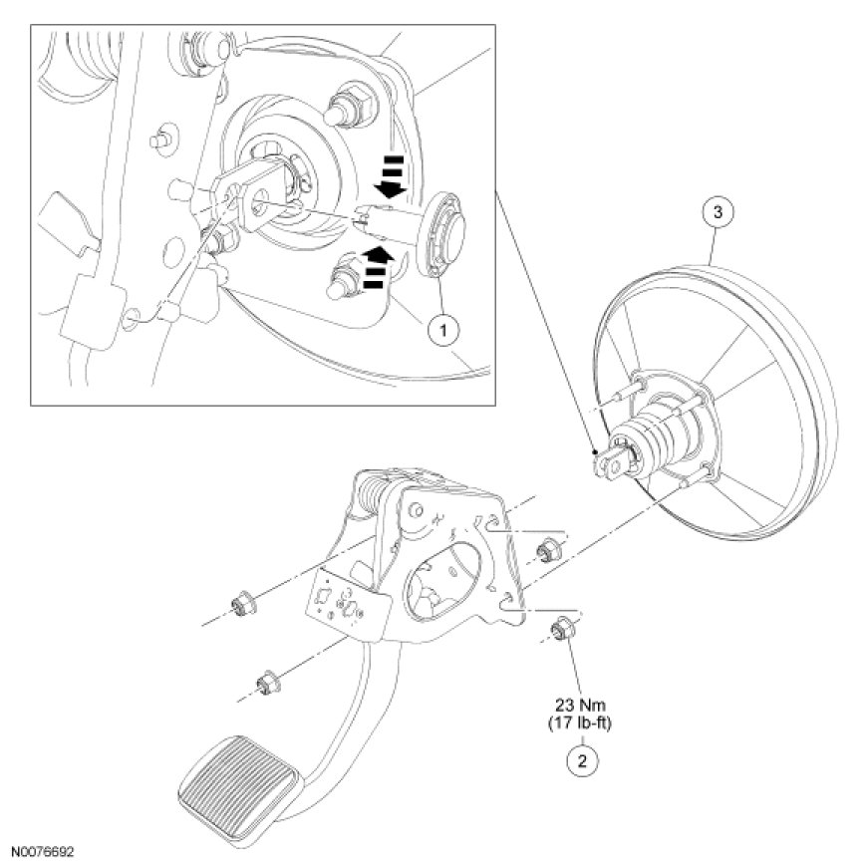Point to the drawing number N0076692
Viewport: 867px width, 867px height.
click(x=43, y=854)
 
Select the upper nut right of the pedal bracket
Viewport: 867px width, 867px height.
click(x=546, y=549)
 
